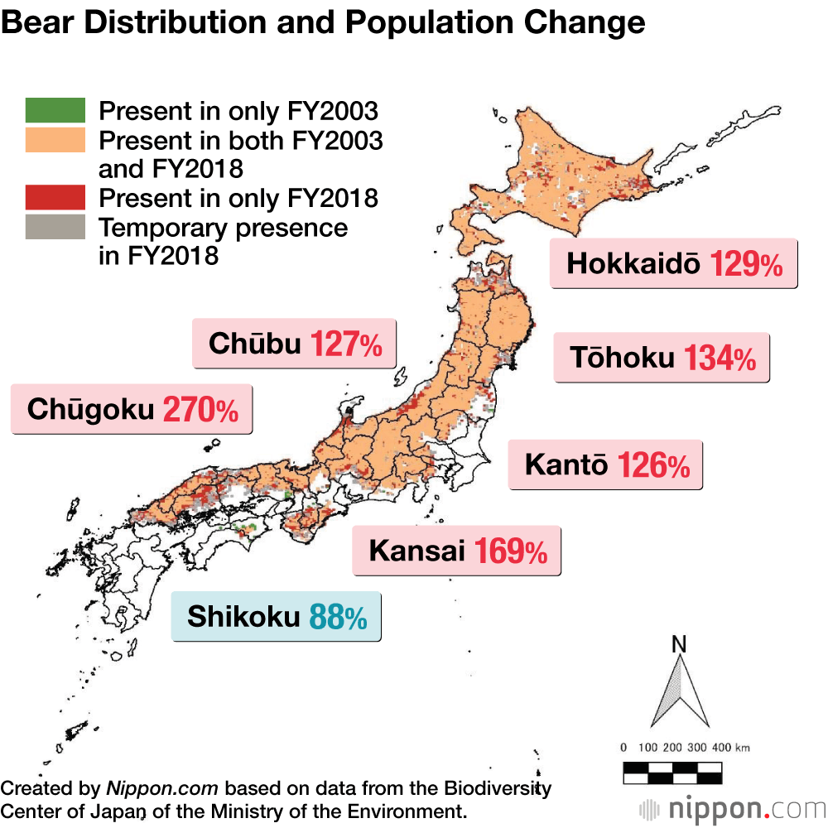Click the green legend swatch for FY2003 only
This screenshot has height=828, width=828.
tap(55, 109)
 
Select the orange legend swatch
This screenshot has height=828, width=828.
tap(55, 140)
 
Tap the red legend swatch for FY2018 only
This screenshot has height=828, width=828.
tap(55, 197)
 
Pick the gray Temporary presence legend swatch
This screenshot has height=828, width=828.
tap(55, 227)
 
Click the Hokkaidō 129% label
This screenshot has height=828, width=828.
tap(673, 264)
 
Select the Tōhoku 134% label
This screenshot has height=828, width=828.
tap(662, 358)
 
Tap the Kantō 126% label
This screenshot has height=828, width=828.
tap(605, 465)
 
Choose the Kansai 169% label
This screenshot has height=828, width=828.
tap(457, 551)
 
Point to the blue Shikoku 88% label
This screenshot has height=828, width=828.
tap(276, 617)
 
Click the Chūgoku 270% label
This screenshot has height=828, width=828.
tap(132, 409)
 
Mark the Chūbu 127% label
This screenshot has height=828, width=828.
tap(294, 344)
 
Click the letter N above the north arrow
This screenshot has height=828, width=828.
tap(680, 643)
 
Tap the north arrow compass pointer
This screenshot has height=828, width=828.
tap(680, 692)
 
